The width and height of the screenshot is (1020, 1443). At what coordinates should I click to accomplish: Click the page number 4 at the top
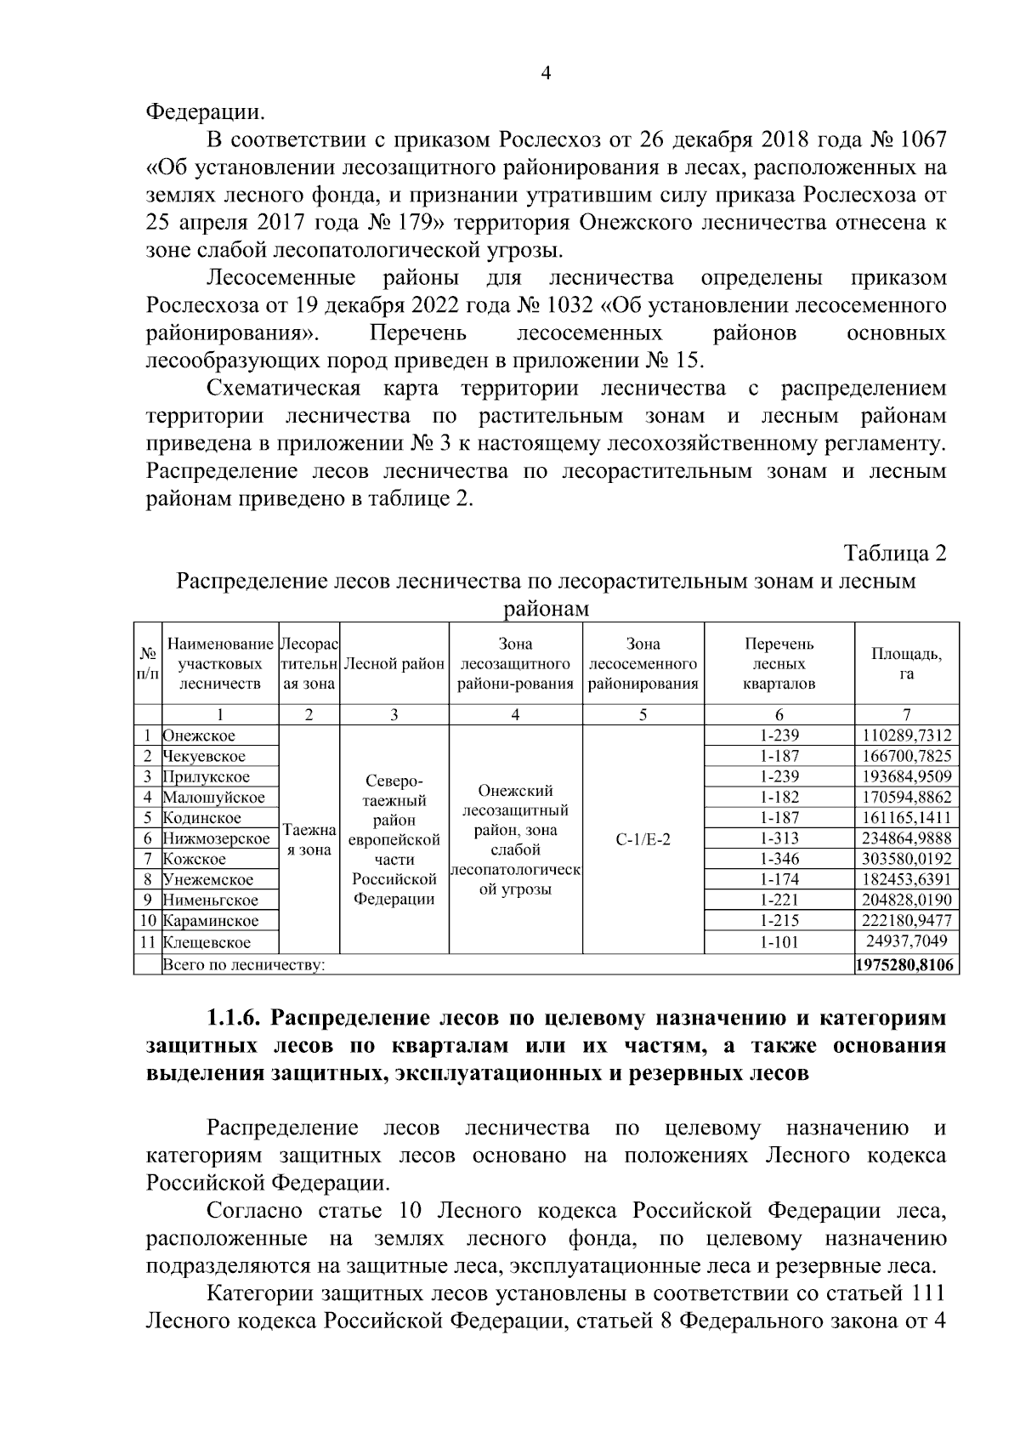(x=546, y=74)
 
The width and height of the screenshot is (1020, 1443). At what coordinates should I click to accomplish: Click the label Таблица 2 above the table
(x=894, y=554)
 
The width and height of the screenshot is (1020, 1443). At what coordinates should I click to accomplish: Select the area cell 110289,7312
(x=906, y=736)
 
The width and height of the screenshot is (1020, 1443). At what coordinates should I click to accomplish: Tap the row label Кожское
(x=195, y=859)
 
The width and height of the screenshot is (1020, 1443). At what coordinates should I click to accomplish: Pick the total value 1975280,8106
(x=906, y=965)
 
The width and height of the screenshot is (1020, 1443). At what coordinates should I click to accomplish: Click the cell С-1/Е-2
(x=643, y=838)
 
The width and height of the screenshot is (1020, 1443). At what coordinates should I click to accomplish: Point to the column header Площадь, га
(x=906, y=663)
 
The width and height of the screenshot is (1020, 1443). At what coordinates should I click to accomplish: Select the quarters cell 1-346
(x=779, y=859)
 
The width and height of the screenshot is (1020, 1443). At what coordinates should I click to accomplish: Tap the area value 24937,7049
(x=906, y=942)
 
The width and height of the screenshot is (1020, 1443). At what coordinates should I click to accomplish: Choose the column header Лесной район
(x=394, y=664)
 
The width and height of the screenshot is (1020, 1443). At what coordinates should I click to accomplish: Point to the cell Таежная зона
(x=309, y=838)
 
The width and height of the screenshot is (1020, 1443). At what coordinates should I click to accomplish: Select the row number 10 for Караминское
(x=147, y=921)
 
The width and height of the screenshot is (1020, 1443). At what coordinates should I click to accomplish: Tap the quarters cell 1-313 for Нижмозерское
(x=779, y=838)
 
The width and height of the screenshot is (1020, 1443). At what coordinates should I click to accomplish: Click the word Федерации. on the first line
(x=205, y=111)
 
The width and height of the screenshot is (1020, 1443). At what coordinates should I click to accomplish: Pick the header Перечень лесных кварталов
(x=779, y=663)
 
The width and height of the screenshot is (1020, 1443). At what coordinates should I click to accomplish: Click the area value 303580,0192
(x=906, y=859)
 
